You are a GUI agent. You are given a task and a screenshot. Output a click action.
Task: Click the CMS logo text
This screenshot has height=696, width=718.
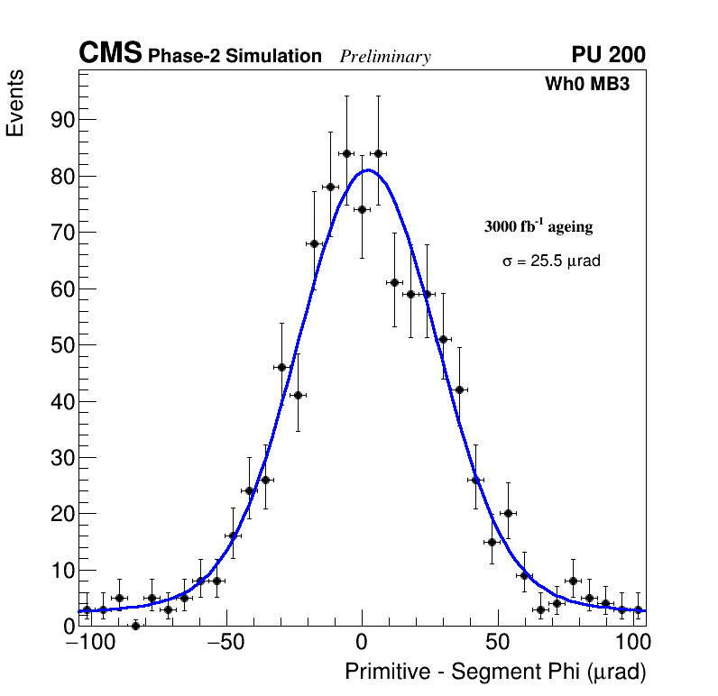click(x=110, y=54)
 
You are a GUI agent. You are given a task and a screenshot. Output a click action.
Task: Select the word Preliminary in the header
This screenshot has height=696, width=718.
click(x=385, y=57)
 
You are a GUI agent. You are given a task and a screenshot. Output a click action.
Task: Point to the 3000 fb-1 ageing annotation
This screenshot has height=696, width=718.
click(x=538, y=226)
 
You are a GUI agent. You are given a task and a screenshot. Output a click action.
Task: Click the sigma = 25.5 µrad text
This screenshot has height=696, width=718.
click(x=551, y=261)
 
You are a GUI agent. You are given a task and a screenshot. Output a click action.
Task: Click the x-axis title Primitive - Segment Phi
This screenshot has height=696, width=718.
click(x=495, y=672)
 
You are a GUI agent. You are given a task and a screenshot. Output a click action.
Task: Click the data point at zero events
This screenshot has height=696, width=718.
click(x=135, y=626)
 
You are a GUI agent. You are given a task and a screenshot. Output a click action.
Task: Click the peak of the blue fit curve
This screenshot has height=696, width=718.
click(x=368, y=169)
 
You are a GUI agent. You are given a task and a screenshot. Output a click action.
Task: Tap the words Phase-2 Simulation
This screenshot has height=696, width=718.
click(x=235, y=57)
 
